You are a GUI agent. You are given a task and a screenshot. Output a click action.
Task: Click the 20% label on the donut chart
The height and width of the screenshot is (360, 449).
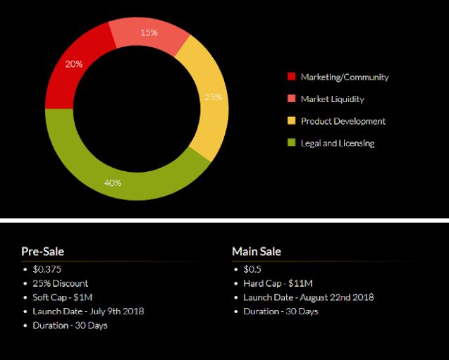coord(74,63)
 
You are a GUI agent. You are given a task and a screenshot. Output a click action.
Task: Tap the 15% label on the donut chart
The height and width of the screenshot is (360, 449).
coord(149,32)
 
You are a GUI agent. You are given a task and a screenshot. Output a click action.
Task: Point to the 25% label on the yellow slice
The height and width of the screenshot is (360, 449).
coord(214,97)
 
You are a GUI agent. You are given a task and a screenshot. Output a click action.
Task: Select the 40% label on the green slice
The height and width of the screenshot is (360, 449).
coord(113,182)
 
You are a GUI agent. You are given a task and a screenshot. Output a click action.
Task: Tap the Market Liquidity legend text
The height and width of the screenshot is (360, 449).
coord(332,99)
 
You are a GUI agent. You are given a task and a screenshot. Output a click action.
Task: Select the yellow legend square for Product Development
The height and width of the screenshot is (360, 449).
coord(292,121)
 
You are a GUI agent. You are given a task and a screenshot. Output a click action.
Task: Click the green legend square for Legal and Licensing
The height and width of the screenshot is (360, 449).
coord(292,143)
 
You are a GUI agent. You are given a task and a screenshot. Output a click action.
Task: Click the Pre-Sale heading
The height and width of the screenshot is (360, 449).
coord(43,252)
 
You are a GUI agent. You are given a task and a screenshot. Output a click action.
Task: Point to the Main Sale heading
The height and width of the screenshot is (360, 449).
coord(257,252)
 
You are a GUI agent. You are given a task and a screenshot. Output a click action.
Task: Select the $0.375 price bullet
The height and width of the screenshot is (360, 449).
coord(47,269)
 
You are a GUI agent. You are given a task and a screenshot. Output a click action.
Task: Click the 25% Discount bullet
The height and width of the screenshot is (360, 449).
coord(60,283)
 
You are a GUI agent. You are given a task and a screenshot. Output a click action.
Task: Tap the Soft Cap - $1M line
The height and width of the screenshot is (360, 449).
coord(62,297)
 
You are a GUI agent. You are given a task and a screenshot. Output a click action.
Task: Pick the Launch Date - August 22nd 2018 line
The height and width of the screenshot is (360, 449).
coord(308,297)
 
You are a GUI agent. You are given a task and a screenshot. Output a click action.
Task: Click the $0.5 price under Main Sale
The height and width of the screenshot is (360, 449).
coord(252,269)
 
